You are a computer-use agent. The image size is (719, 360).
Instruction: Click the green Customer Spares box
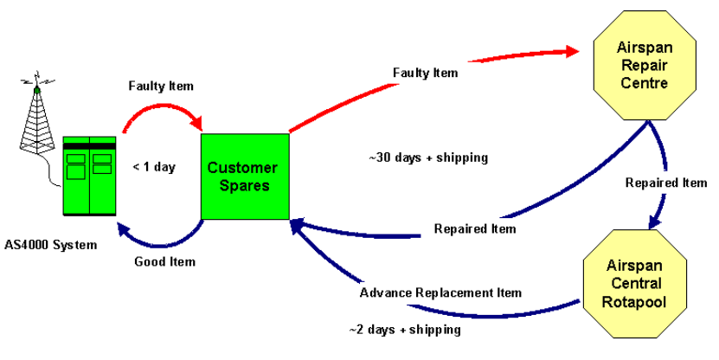point(245,176)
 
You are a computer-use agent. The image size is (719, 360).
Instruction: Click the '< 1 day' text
point(154,167)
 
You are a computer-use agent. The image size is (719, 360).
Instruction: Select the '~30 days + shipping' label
point(428,158)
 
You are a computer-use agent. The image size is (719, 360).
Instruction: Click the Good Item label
point(164,261)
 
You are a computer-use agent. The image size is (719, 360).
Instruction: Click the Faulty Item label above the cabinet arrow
point(161,87)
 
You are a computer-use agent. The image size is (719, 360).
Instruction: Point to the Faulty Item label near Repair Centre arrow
point(425,73)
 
